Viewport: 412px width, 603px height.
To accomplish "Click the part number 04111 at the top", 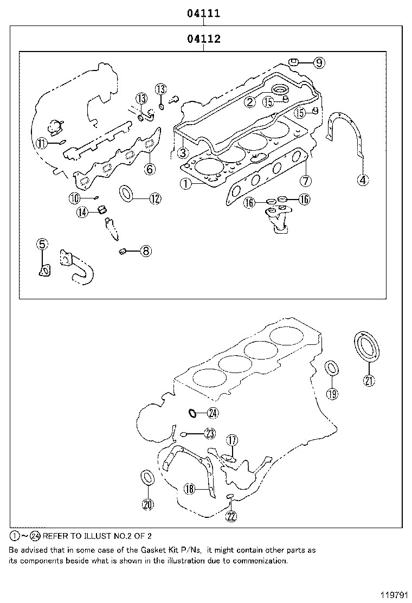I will (204, 14).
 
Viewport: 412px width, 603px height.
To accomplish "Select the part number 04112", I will (204, 39).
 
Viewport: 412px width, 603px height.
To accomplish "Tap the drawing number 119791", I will (394, 594).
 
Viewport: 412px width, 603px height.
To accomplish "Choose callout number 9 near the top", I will (319, 63).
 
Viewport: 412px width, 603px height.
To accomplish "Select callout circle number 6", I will (150, 169).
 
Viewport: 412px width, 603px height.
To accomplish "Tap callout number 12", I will (155, 199).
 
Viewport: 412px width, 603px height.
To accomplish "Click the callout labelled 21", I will (369, 381).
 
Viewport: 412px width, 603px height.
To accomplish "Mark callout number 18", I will (189, 489).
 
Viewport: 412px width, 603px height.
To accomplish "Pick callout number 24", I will (212, 413).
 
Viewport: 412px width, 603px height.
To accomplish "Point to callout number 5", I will (42, 245).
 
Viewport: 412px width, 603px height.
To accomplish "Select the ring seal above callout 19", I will (332, 368).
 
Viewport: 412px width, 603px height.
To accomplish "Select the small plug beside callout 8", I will (123, 251).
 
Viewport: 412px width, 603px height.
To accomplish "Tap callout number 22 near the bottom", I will (231, 516).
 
